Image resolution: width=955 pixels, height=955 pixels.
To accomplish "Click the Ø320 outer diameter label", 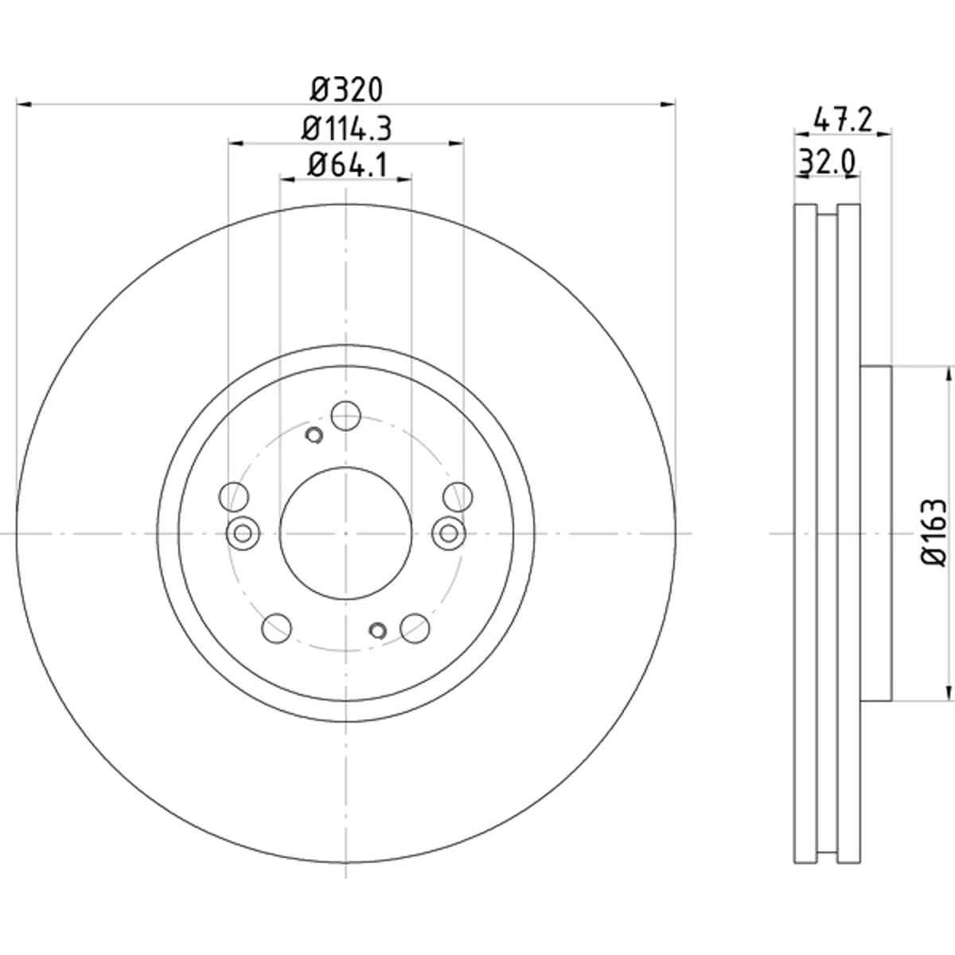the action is click(x=346, y=90).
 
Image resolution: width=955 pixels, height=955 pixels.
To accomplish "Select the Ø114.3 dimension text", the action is click(x=346, y=129).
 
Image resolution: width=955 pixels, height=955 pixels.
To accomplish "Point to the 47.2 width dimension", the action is click(x=843, y=120).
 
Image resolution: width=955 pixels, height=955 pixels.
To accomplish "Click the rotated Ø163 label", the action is click(x=934, y=532).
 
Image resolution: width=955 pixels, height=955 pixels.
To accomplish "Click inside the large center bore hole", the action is click(x=346, y=533).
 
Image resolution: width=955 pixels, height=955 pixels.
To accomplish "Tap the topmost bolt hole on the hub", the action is click(x=346, y=415).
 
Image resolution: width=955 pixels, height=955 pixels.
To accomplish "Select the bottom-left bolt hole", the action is click(x=276, y=629).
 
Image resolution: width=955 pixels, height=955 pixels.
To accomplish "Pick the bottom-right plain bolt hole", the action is click(x=415, y=629).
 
